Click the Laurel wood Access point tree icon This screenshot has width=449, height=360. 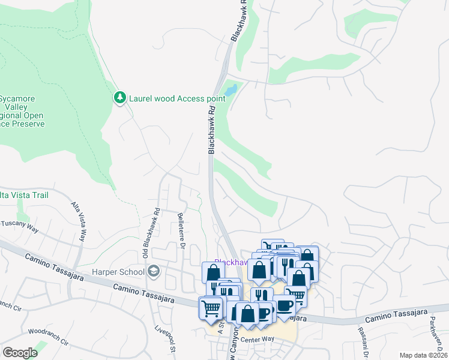120,97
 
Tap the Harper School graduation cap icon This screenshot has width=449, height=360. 154,272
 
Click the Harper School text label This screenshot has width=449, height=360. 118,272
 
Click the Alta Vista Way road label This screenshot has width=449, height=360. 79,220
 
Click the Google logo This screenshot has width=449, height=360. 20,353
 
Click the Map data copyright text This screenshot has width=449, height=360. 423,355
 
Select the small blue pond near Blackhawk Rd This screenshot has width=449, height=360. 231,91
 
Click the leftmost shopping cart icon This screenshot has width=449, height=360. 211,308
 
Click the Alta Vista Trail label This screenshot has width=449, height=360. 24,195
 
